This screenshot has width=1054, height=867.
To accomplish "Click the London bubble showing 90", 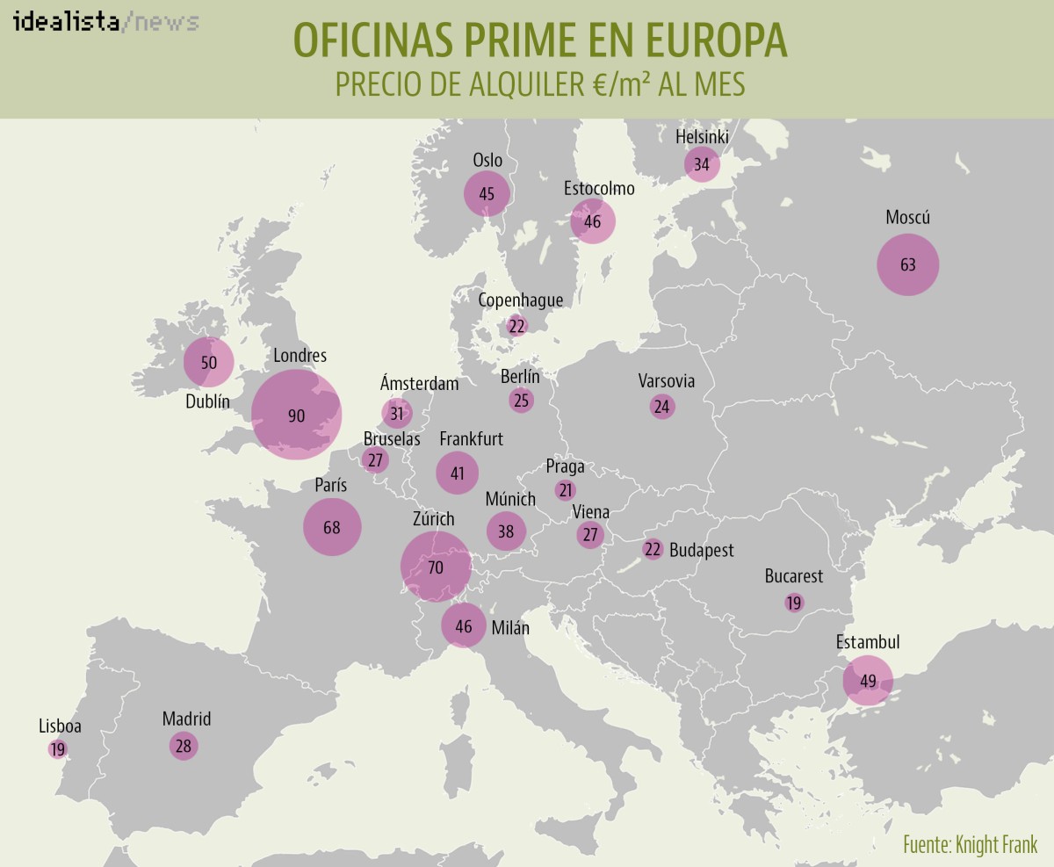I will [x=296, y=415].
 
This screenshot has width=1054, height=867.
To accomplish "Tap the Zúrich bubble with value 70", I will [x=435, y=567].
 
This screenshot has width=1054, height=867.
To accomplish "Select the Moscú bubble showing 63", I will [x=908, y=264].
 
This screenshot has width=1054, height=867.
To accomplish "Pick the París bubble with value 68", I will [x=332, y=527].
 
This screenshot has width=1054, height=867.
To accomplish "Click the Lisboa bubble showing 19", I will [x=58, y=749].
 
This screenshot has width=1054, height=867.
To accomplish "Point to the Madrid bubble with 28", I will [x=183, y=746].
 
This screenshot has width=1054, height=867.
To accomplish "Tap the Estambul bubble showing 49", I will [x=868, y=681].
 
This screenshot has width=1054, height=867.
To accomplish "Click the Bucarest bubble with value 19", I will [x=794, y=603].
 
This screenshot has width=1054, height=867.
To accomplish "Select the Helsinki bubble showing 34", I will [x=702, y=164].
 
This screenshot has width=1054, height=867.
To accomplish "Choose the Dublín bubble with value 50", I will [x=208, y=362].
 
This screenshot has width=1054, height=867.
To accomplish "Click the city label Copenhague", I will [x=520, y=300].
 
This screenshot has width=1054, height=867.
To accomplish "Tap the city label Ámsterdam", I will [x=419, y=384].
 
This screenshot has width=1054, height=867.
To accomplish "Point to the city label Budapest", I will [x=701, y=551].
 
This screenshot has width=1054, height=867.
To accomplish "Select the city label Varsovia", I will [x=666, y=381].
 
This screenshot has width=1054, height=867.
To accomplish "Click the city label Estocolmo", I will [x=598, y=189].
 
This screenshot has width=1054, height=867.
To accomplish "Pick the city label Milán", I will [x=510, y=627].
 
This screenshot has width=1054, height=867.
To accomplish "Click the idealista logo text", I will [x=66, y=22].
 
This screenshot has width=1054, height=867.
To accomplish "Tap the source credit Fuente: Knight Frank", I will [x=970, y=845].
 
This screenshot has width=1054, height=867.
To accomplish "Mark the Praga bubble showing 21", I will [x=566, y=490].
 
